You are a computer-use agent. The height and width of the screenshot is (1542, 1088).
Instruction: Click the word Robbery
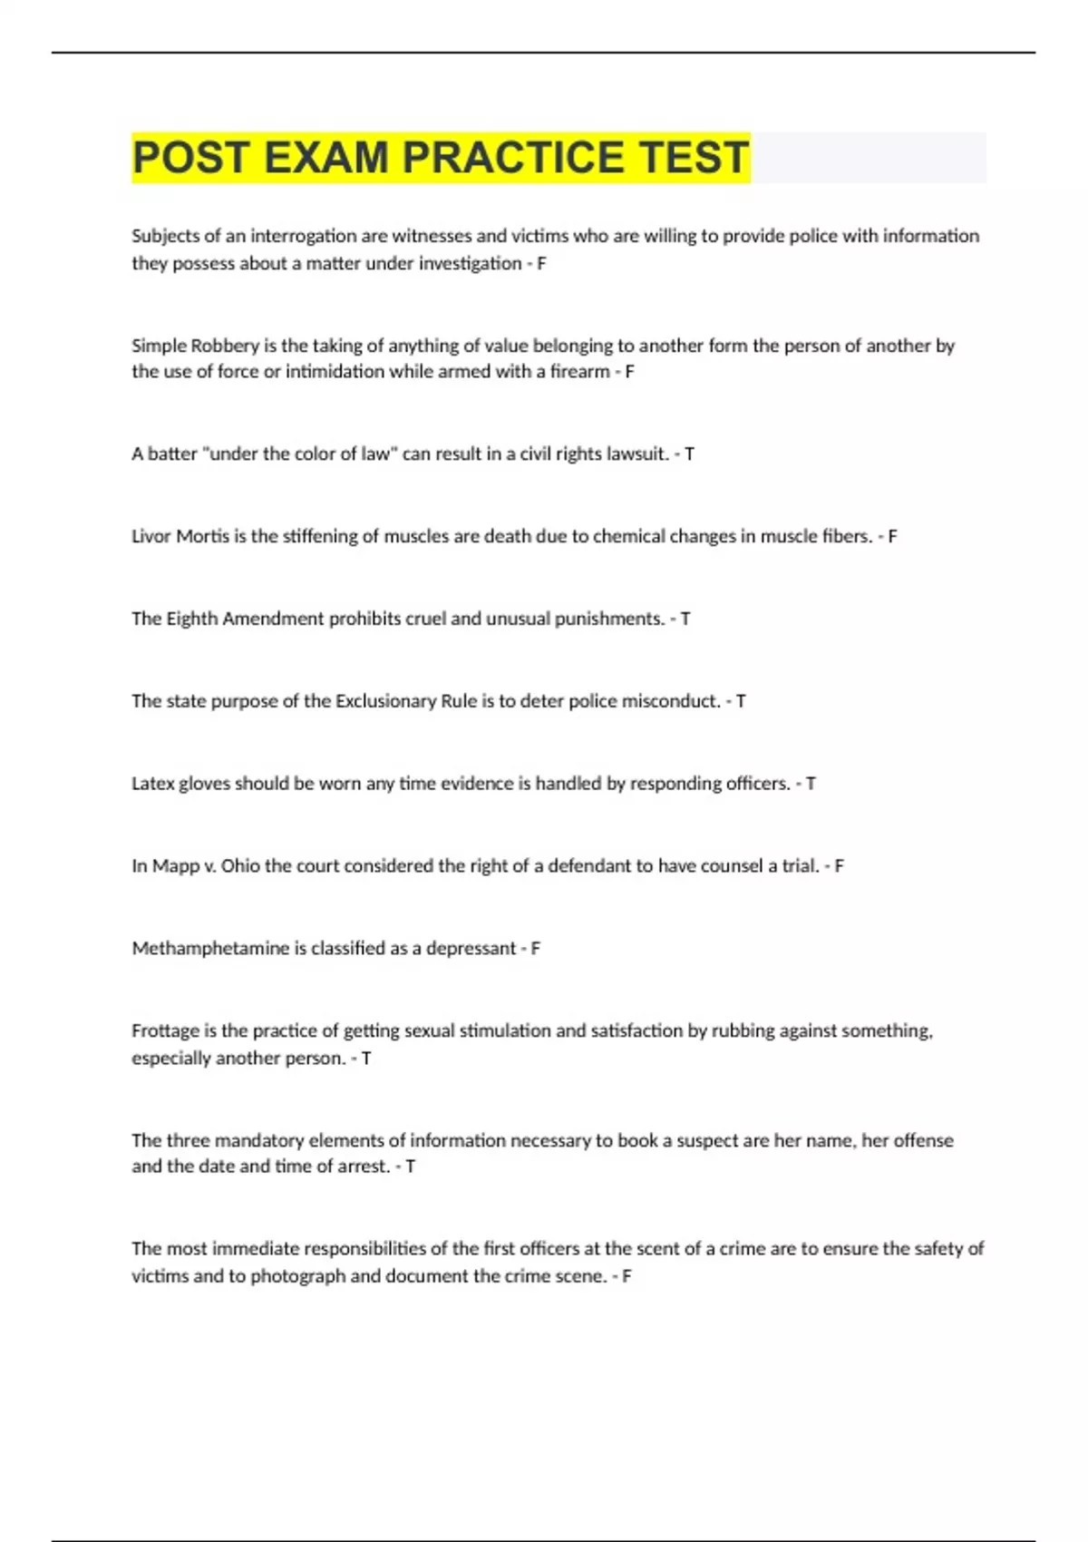(225, 346)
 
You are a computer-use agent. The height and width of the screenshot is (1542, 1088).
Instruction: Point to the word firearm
(579, 371)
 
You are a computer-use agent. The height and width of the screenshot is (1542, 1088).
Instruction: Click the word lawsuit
(632, 454)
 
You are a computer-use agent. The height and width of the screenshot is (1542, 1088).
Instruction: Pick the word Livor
(151, 536)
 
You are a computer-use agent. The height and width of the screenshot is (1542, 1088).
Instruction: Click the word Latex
(152, 784)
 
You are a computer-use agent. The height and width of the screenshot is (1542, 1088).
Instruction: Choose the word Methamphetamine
(210, 948)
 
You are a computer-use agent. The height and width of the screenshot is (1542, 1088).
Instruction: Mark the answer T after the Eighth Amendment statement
(685, 619)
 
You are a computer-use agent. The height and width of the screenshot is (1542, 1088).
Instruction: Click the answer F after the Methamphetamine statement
(535, 948)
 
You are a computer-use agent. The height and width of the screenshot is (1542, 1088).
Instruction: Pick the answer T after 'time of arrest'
(410, 1166)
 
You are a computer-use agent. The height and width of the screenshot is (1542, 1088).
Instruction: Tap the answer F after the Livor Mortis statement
(892, 536)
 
